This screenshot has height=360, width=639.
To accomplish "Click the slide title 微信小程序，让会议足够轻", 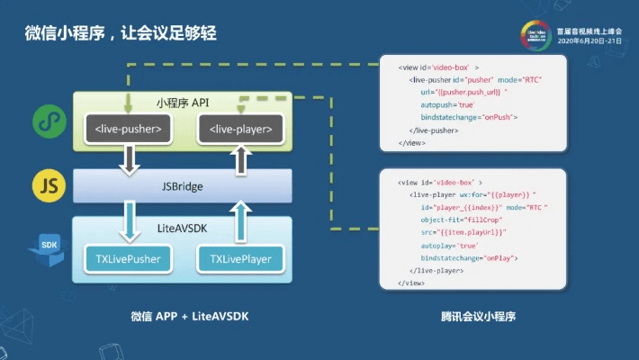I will pos(121,33).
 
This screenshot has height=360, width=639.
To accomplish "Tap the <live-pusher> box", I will pos(128,130).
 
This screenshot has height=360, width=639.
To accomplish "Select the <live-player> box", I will pos(240,130).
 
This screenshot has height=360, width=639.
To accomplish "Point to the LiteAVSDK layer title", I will pos(183,229).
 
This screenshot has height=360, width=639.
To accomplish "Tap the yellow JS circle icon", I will pos(46,185).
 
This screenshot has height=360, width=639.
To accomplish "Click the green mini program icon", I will pos(46,120).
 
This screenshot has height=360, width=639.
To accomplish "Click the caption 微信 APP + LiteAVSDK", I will pos(183,317).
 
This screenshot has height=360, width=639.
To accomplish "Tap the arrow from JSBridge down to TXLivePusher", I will pos(130,222).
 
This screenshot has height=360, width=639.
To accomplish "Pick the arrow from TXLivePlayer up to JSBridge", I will pos(240,222).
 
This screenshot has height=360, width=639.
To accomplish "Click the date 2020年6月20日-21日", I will pos(589,41).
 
